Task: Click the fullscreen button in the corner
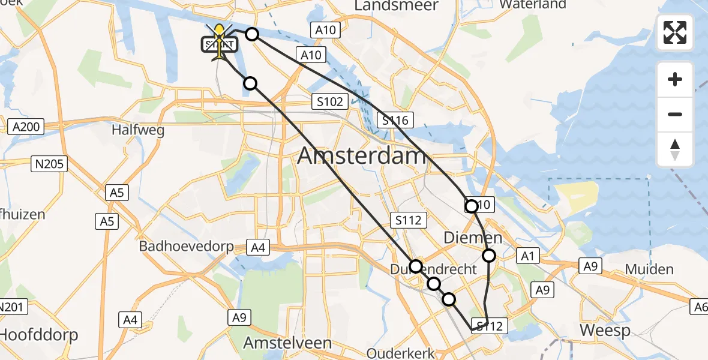[675, 32]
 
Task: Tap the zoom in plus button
[675, 79]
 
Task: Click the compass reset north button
[675, 149]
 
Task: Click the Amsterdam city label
[362, 156]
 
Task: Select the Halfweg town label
[139, 130]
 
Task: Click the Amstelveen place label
[287, 343]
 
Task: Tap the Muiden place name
[649, 269]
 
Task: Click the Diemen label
[473, 238]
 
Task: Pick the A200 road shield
[25, 127]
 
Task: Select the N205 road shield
[49, 163]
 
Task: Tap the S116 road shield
[394, 121]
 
